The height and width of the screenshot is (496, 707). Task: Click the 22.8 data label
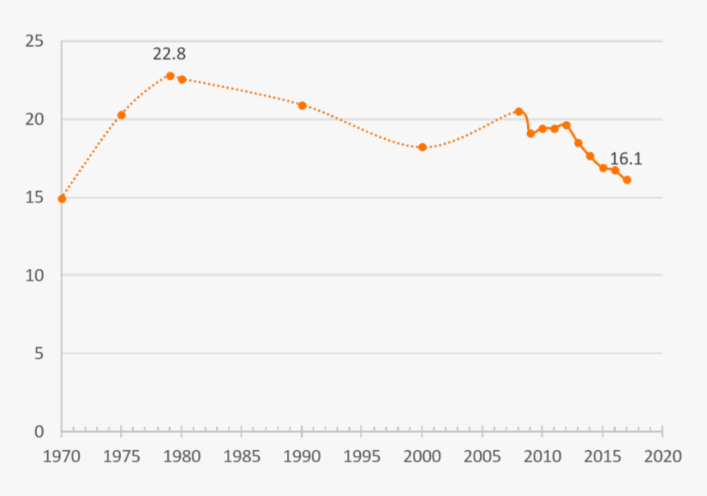[169, 54]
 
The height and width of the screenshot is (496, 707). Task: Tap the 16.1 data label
[626, 160]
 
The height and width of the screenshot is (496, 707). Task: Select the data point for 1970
[62, 198]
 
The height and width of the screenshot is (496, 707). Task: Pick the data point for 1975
[121, 115]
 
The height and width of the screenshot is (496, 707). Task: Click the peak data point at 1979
[170, 76]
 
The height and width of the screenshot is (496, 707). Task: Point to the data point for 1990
[302, 105]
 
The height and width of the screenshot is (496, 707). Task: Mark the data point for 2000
[423, 147]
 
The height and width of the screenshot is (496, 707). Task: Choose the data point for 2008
[519, 111]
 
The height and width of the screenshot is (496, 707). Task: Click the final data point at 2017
[626, 179]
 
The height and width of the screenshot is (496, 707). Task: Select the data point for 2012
[566, 125]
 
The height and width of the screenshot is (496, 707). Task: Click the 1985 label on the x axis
[242, 456]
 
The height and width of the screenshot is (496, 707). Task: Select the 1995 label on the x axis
[362, 456]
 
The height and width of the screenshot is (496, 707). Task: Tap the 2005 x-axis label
[482, 456]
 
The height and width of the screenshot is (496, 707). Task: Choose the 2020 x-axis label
[663, 456]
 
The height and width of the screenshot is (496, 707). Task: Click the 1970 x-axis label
[62, 456]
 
